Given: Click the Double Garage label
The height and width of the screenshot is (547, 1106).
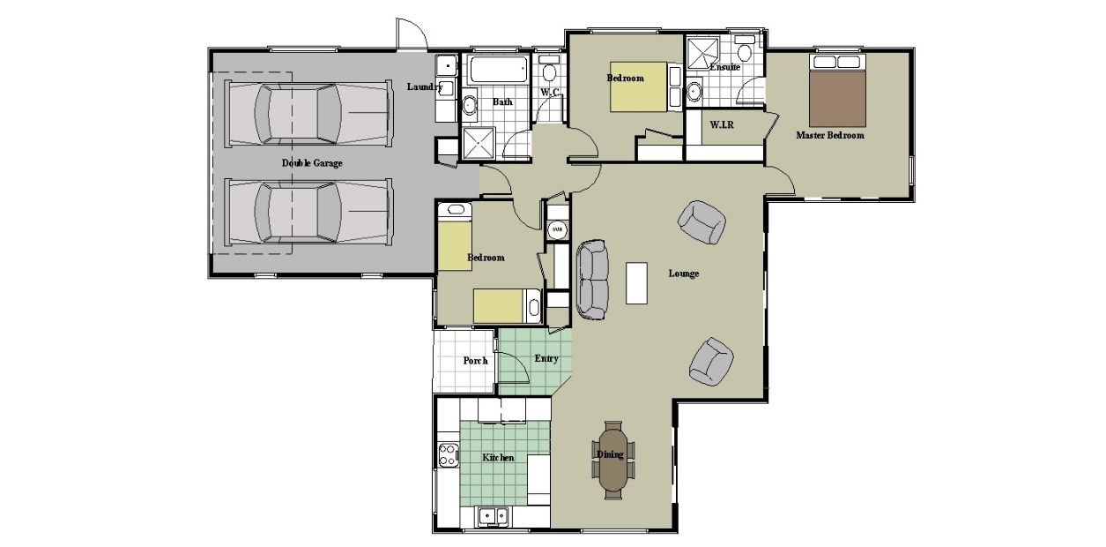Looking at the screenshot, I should tap(312, 163).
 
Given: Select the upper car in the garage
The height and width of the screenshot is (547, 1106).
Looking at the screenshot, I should tap(308, 113).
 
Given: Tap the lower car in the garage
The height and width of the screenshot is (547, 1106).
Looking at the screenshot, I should tap(308, 213).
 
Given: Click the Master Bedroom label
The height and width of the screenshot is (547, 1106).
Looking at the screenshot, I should tap(829, 136).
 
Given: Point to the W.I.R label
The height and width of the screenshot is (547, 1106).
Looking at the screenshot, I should tap(723, 125).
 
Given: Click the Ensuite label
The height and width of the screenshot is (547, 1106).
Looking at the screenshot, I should tap(724, 67).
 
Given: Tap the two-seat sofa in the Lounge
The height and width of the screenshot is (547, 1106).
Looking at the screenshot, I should tap(592, 278).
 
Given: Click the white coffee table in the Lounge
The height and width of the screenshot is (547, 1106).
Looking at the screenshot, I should tap(636, 282).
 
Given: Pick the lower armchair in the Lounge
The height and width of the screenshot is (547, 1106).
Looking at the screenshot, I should tap(710, 362).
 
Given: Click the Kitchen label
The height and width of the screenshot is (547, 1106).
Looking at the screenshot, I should tap(498, 458).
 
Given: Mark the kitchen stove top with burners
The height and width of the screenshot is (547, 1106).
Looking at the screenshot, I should tap(448, 456).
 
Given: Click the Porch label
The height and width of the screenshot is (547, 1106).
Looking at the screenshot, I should tap(475, 361).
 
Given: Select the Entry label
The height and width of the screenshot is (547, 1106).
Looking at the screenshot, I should tap(546, 358).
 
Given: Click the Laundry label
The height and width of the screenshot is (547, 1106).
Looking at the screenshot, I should tap(425, 86).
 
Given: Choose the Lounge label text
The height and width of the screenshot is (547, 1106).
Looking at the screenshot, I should tap(683, 273).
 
